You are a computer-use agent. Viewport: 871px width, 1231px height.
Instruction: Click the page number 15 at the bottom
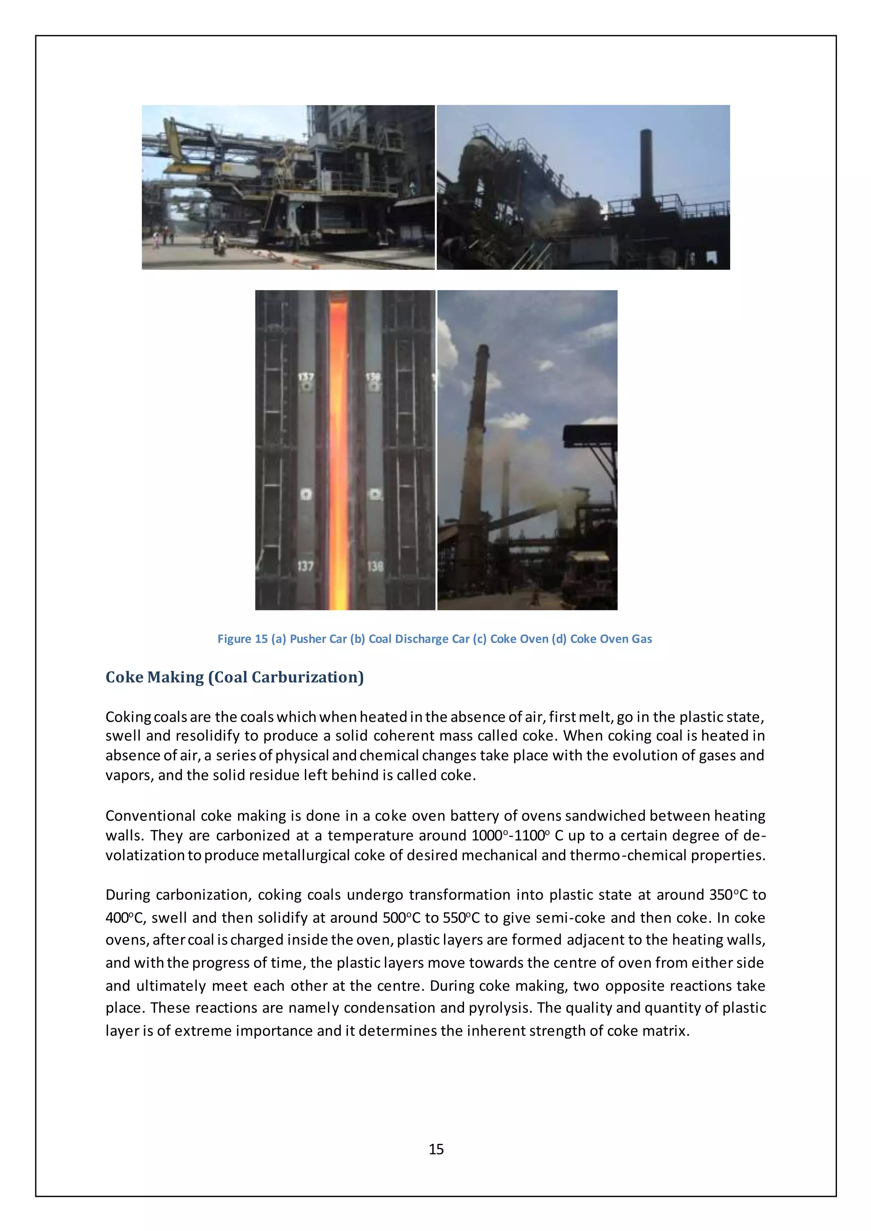point(435,1149)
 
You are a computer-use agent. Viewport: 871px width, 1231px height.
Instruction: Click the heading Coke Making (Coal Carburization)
point(234,677)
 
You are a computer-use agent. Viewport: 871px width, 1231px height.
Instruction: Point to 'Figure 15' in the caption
point(242,638)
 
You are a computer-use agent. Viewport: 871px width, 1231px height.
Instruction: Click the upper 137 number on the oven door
point(305,377)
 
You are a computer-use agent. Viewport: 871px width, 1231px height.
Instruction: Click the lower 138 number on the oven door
point(375,566)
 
